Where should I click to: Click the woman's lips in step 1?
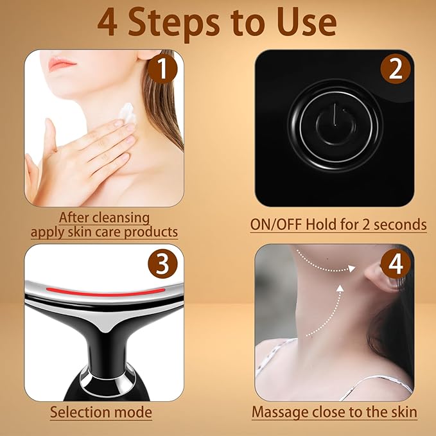point(62,63)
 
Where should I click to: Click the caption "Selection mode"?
point(101,412)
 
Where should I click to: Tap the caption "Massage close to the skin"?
point(334,412)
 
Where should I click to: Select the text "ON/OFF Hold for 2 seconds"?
point(338,225)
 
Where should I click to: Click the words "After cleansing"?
point(104,218)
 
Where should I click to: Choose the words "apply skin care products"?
point(104,231)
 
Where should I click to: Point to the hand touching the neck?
point(83,154)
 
